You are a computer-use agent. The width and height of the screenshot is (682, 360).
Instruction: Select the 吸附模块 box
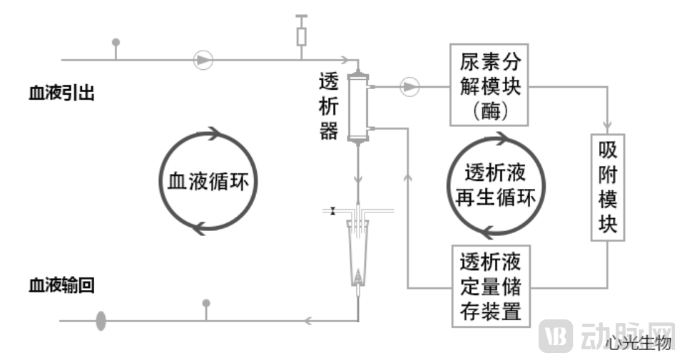608,187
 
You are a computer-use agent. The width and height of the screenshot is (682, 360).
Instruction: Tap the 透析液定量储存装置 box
491,286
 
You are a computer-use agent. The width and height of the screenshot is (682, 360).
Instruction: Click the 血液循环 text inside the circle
208,180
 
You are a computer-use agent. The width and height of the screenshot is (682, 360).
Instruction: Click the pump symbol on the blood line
203,59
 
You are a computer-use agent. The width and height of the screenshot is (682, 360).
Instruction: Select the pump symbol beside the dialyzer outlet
409,87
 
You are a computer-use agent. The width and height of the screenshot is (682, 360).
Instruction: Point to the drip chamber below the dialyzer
357,250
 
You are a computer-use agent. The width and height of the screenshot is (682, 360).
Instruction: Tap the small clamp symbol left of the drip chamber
332,211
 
